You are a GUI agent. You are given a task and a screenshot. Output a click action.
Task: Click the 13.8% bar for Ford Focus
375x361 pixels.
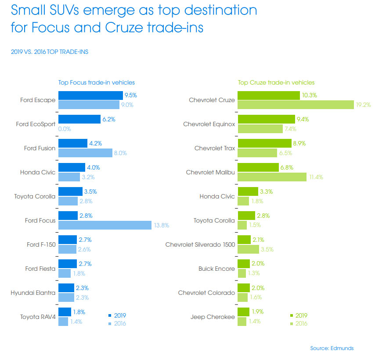(105, 225)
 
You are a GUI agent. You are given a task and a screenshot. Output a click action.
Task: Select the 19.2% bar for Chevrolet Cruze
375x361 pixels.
(296, 105)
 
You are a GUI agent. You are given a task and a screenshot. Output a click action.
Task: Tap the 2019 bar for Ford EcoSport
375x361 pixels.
(79, 119)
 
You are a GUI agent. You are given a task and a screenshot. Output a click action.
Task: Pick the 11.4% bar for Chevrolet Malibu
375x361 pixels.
(272, 177)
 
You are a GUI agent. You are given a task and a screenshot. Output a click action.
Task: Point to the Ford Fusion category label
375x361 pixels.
(40, 148)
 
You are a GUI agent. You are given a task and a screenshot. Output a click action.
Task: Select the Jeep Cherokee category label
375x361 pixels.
(213, 317)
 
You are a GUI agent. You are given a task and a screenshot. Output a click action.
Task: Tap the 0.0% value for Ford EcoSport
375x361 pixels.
(65, 129)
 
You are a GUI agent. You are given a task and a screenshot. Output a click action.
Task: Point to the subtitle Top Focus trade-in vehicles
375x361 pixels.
(97, 82)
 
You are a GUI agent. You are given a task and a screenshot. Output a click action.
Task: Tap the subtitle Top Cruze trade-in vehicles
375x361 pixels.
(276, 82)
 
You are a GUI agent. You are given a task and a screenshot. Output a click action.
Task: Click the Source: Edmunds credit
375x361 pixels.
(332, 348)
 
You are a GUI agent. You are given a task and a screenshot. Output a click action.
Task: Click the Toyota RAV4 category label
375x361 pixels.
(38, 317)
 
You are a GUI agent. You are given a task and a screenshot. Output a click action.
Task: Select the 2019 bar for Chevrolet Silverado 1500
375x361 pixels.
(244, 240)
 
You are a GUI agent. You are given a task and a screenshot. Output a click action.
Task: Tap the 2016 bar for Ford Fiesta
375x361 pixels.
(65, 273)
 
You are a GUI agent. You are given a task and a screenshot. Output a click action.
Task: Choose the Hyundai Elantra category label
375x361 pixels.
(33, 293)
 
